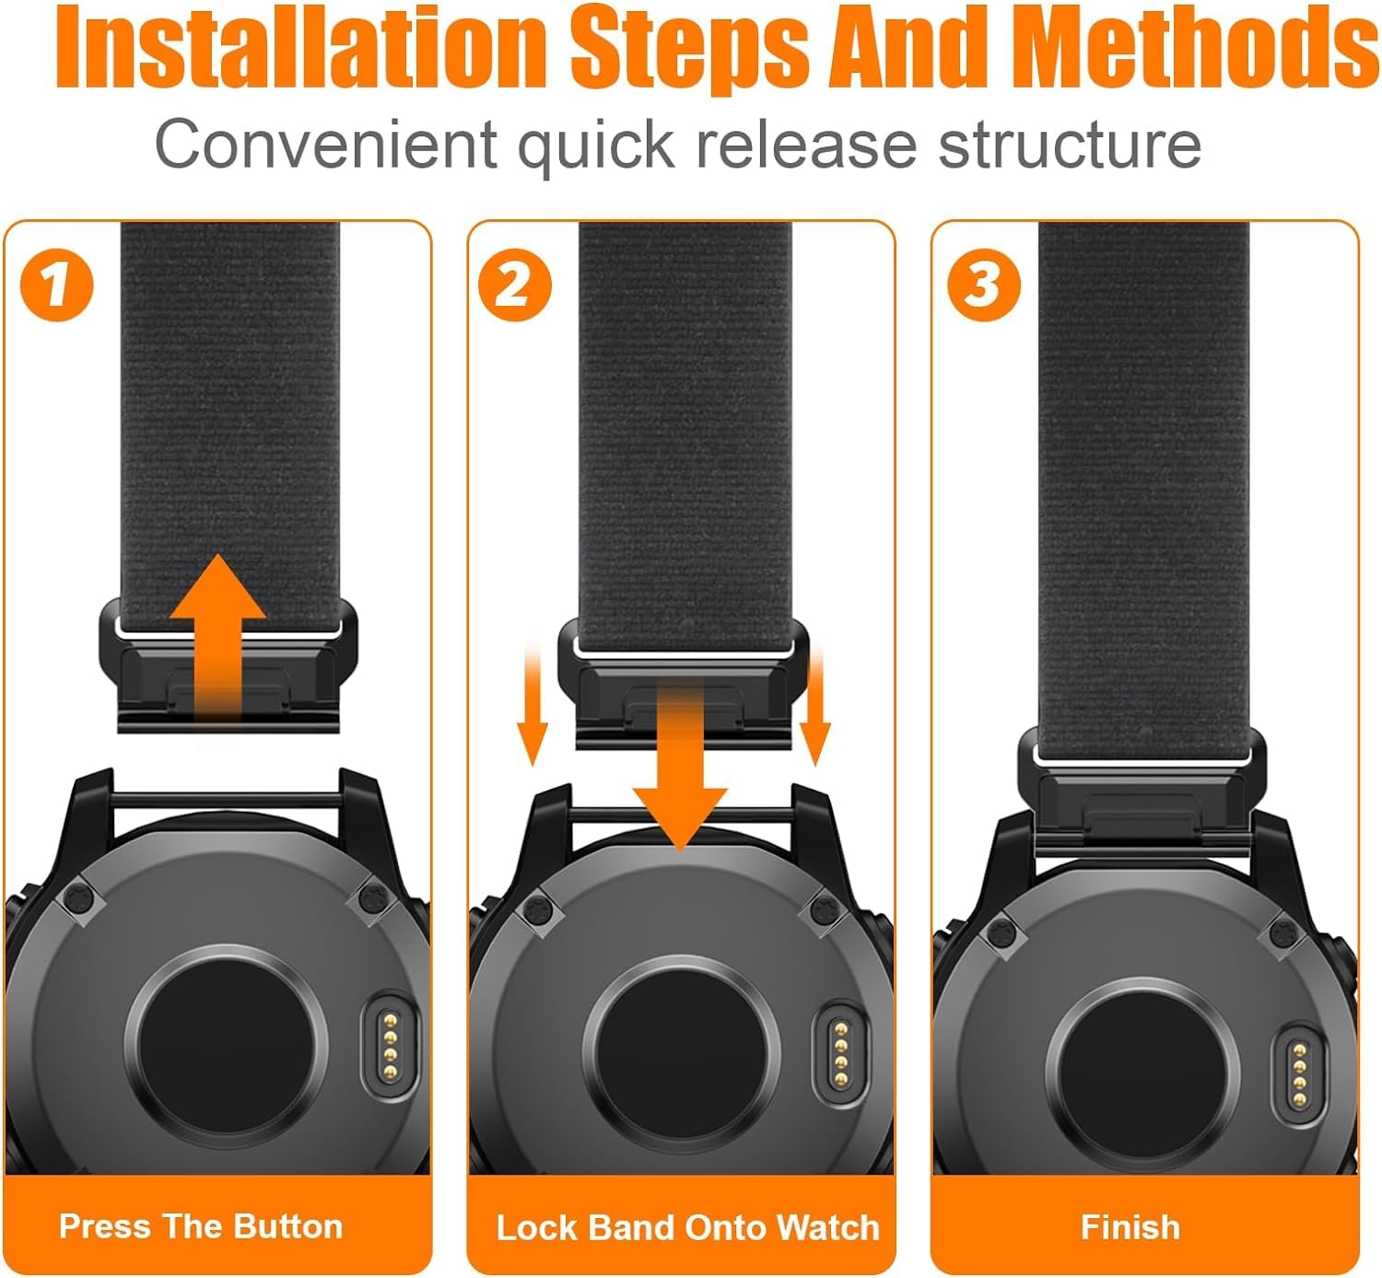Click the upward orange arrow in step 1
tap(217, 627)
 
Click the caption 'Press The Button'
tap(201, 1226)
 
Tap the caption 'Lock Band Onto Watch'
tap(687, 1227)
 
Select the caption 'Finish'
tap(1130, 1227)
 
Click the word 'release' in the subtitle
tap(806, 145)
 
